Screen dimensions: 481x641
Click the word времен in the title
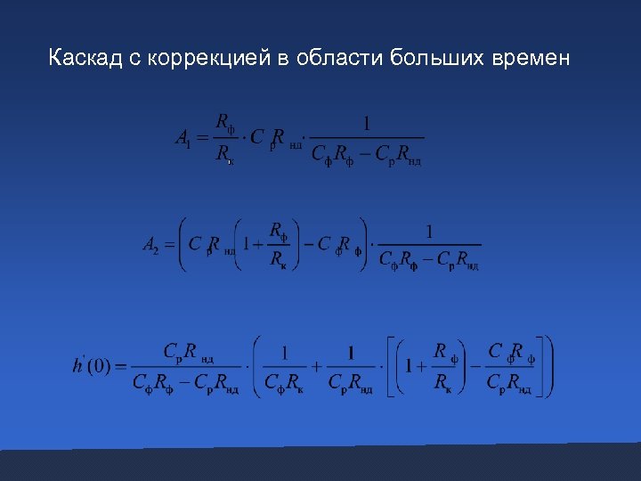click(x=532, y=60)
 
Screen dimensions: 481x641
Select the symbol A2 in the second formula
click(x=150, y=243)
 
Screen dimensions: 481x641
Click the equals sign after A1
click(x=201, y=138)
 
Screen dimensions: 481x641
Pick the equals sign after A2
click(x=168, y=243)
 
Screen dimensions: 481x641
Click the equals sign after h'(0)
click(x=120, y=365)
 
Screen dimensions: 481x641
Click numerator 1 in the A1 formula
click(x=367, y=122)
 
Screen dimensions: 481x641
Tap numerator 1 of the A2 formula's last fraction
click(x=429, y=231)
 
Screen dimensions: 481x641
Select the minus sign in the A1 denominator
click(x=364, y=154)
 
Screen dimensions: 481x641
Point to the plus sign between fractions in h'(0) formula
click(x=316, y=365)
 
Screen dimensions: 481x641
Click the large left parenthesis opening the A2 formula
click(x=183, y=243)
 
